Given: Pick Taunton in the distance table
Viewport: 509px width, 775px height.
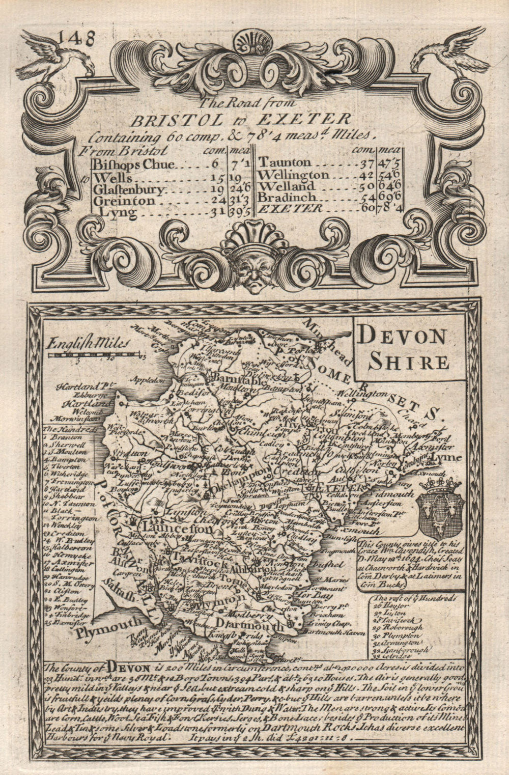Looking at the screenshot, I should point(285,162).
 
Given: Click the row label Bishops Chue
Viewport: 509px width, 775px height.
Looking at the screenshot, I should point(134,164).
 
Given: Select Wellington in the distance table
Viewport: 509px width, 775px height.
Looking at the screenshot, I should point(294,175).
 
